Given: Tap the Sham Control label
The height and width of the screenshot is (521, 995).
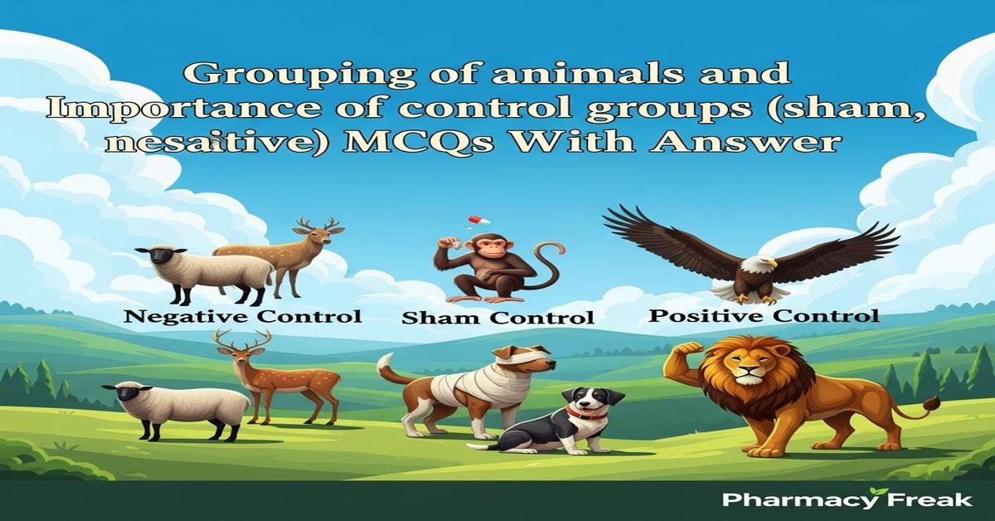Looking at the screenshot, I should [498, 318].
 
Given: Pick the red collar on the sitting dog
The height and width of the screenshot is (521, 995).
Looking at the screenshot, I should [585, 412].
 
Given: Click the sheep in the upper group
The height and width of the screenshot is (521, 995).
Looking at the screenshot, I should [207, 270].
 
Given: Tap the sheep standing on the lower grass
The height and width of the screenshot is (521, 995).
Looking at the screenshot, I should [178, 407].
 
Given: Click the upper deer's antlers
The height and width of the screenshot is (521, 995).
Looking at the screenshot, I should [319, 223].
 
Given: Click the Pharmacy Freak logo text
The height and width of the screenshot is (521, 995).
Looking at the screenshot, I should [846, 499].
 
